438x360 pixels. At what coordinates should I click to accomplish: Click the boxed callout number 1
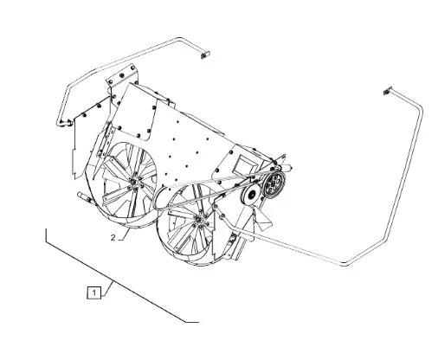(x=94, y=292)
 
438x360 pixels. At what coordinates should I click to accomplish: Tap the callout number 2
(x=113, y=238)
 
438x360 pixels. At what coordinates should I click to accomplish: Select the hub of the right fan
(x=200, y=221)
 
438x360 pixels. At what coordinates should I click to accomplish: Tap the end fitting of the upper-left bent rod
(x=205, y=55)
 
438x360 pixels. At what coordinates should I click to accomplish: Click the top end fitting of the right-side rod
(x=388, y=91)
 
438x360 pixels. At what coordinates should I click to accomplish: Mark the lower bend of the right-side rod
(x=345, y=264)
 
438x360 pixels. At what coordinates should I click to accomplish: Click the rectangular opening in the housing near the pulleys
(x=244, y=165)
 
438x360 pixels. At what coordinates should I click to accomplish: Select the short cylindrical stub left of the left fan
(x=84, y=197)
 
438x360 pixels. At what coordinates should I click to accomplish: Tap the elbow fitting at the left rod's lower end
(x=64, y=124)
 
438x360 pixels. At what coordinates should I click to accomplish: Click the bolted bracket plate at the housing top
(x=122, y=77)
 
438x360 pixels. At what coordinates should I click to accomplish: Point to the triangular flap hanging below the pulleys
(x=261, y=219)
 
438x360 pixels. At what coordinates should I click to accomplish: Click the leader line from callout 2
(x=124, y=235)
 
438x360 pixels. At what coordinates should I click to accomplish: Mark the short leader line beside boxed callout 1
(x=107, y=289)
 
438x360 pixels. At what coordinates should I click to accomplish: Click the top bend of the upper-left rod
(x=180, y=38)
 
